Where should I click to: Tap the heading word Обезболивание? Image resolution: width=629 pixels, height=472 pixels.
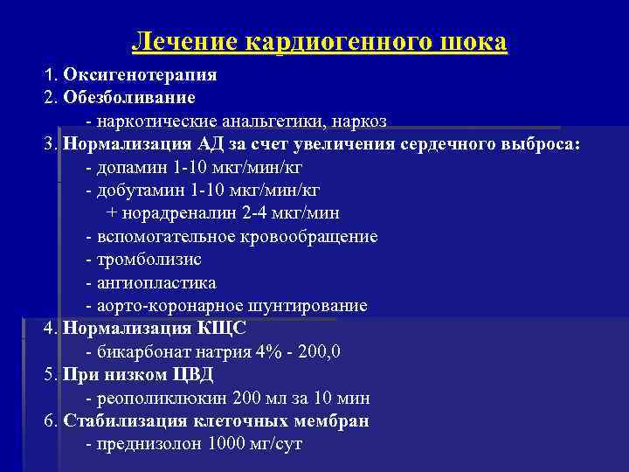(x=129, y=97)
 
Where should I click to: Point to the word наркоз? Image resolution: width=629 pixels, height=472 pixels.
(x=359, y=121)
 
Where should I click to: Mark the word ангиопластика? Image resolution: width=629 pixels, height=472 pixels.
(x=156, y=283)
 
